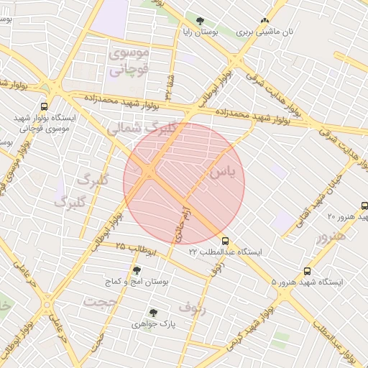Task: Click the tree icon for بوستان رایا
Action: click(200, 22)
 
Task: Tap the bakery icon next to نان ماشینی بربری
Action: click(265, 21)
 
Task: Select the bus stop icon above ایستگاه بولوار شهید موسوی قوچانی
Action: click(45, 104)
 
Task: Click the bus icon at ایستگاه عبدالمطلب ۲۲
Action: click(226, 241)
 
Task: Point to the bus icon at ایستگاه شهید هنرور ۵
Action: click(307, 271)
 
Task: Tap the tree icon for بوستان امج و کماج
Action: click(137, 270)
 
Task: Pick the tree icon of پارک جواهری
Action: click(152, 313)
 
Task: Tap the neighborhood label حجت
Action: click(99, 302)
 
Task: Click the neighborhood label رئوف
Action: click(192, 308)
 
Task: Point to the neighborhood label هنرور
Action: click(331, 236)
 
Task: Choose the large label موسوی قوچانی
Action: click(128, 62)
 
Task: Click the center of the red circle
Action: click(184, 183)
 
